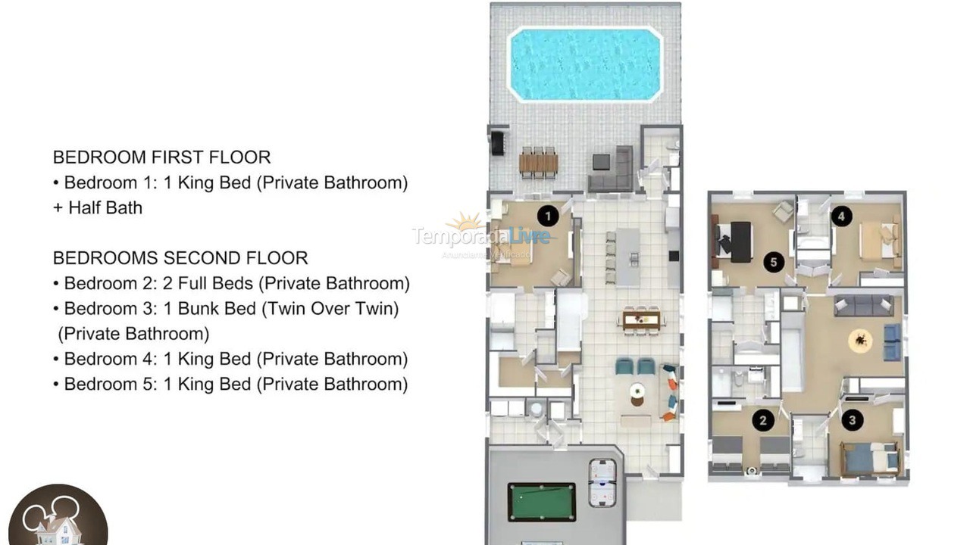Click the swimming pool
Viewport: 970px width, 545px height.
pyautogui.click(x=584, y=64)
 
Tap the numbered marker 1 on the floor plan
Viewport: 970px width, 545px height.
pyautogui.click(x=547, y=216)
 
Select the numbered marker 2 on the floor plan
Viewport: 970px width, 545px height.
pyautogui.click(x=763, y=419)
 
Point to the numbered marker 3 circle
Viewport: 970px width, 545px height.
pyautogui.click(x=852, y=419)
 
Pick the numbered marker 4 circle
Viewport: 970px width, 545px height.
pyautogui.click(x=840, y=216)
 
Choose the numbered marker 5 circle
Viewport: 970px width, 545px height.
pyautogui.click(x=773, y=263)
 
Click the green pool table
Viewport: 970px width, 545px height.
pyautogui.click(x=541, y=502)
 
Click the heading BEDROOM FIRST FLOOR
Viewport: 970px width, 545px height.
pyautogui.click(x=161, y=157)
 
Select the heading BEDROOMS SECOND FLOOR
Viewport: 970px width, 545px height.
pyautogui.click(x=180, y=258)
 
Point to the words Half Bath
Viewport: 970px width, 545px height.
pyautogui.click(x=105, y=207)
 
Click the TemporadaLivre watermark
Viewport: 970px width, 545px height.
pyautogui.click(x=482, y=235)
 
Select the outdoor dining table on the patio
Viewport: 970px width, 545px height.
pyautogui.click(x=539, y=162)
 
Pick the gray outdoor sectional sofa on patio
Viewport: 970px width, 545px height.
pyautogui.click(x=614, y=170)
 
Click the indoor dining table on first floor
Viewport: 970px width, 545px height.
pyautogui.click(x=641, y=319)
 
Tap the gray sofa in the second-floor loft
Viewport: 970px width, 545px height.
pyautogui.click(x=862, y=306)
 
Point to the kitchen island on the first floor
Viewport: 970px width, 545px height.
pyautogui.click(x=628, y=256)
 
